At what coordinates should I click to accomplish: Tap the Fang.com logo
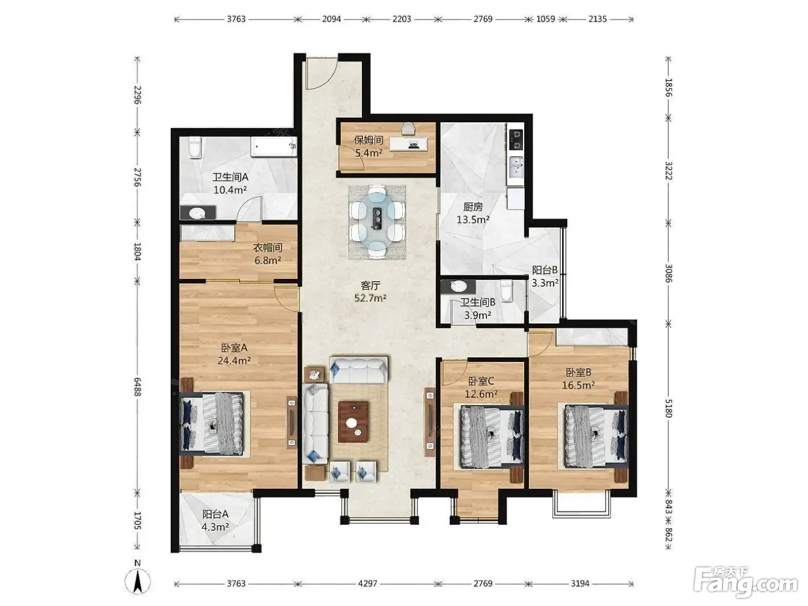(746, 586)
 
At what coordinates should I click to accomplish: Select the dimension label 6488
(137, 387)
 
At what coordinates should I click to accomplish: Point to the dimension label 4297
(368, 583)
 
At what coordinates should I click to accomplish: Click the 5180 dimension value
(668, 407)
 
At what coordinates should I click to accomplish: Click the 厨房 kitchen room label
(473, 207)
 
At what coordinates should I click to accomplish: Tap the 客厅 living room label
(371, 285)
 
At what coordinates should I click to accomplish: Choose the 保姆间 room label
(368, 140)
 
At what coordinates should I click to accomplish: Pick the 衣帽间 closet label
(268, 248)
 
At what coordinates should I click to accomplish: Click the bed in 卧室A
(212, 423)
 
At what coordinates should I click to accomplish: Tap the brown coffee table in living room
(353, 422)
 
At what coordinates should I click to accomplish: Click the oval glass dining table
(377, 222)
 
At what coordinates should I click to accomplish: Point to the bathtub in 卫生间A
(274, 147)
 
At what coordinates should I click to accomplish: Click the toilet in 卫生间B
(507, 291)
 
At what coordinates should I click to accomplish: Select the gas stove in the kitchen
(516, 140)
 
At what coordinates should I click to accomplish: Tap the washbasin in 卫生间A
(198, 212)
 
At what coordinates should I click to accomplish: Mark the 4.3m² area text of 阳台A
(215, 526)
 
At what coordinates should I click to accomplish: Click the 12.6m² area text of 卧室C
(481, 394)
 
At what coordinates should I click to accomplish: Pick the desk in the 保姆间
(409, 144)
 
